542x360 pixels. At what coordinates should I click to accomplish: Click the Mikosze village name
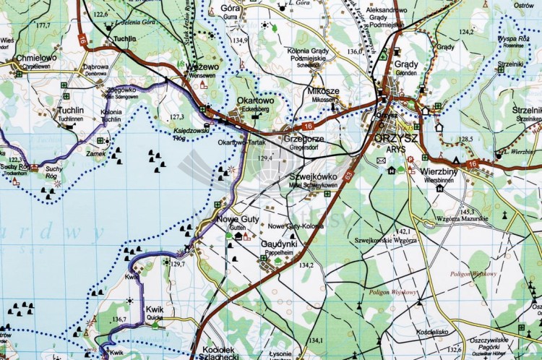[323, 91]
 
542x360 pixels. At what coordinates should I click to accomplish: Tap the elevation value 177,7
[43, 25]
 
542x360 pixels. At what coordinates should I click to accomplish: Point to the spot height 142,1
[403, 231]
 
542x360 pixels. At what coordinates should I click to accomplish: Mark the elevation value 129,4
[266, 158]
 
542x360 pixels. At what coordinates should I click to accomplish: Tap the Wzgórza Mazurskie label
[462, 219]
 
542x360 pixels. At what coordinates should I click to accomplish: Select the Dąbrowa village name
[95, 67]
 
